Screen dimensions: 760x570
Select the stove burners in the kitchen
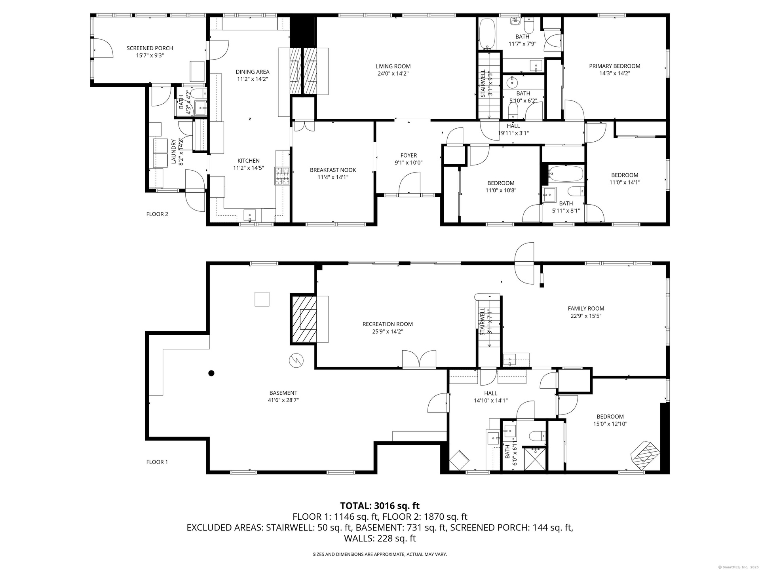pos(282,176)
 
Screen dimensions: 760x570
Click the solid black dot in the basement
pos(211,373)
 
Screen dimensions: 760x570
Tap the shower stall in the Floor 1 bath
pos(534,459)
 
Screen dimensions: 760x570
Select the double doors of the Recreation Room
pos(419,359)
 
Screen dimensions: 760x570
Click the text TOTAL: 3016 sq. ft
pos(380,505)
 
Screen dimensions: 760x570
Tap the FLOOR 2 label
pos(157,214)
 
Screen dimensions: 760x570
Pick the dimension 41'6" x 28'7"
pos(283,400)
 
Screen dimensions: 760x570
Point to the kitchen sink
pos(250,215)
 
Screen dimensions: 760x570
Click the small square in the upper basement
pos(262,299)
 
